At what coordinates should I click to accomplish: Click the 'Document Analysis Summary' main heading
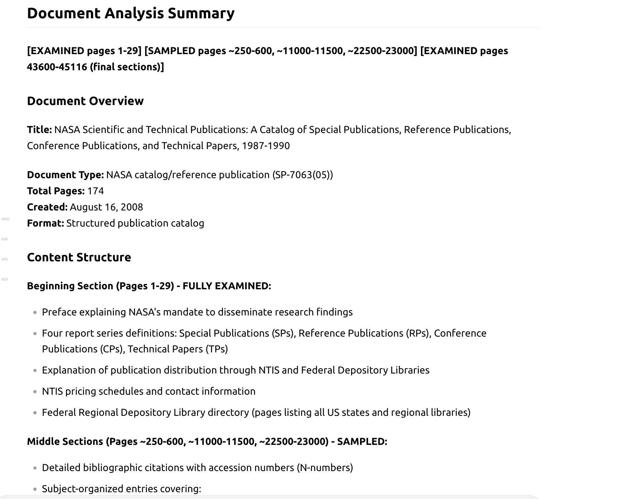tap(130, 14)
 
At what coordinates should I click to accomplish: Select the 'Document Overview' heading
tap(85, 101)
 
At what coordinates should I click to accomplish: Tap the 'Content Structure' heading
tap(79, 257)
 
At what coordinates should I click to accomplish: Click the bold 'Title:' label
tap(39, 130)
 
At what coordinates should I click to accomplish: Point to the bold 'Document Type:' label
tap(65, 175)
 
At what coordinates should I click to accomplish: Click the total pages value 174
tap(95, 191)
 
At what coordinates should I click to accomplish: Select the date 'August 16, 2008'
tap(106, 207)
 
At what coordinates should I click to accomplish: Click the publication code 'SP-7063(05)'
tap(302, 175)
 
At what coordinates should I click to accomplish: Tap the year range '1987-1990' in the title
tap(265, 146)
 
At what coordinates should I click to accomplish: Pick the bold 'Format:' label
tap(45, 223)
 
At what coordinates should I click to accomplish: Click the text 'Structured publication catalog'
tap(135, 223)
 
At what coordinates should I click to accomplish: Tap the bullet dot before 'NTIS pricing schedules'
tap(35, 392)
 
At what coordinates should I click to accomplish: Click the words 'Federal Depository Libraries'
tap(365, 370)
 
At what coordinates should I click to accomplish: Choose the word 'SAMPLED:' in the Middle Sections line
tap(362, 442)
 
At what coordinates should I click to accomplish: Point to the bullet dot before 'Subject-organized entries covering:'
tap(35, 489)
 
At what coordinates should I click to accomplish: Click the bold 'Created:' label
tap(47, 207)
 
